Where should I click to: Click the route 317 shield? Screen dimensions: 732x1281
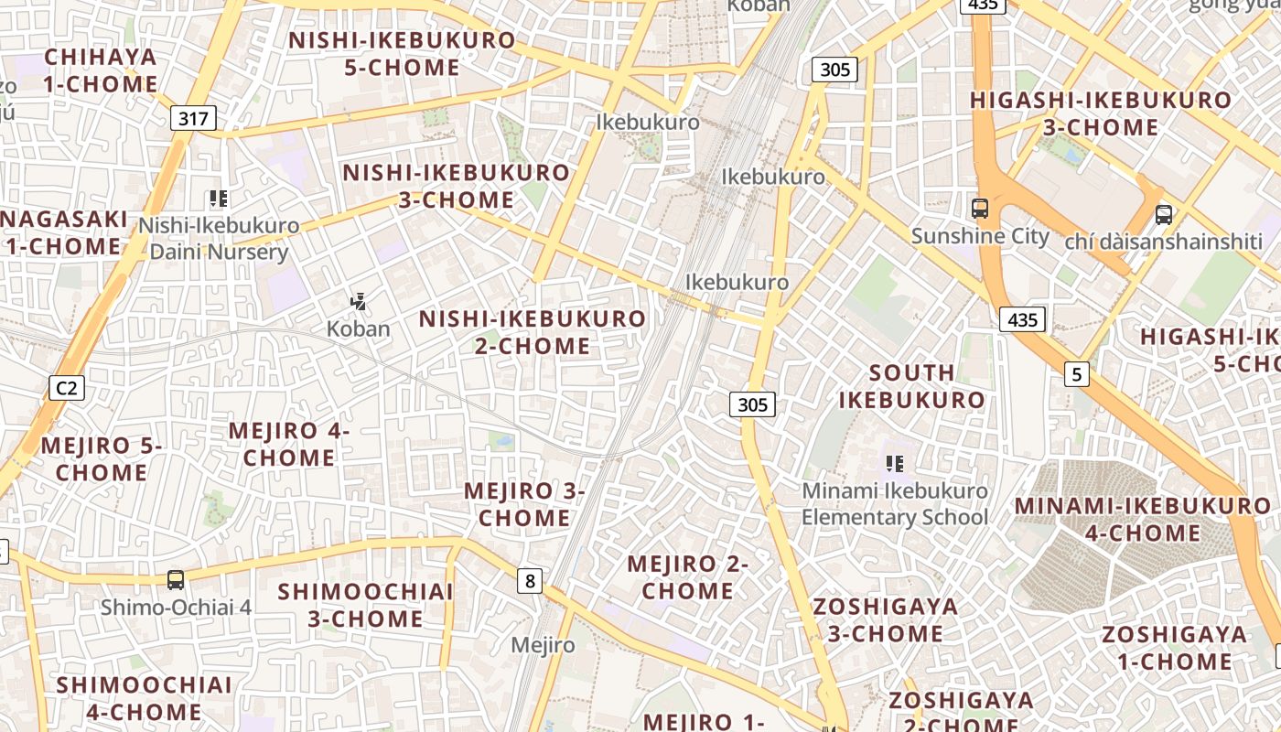[x=193, y=118]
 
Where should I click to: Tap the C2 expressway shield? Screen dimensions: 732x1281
[x=67, y=388]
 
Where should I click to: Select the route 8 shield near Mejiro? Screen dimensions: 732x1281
[x=529, y=580]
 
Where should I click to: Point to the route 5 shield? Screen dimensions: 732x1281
[x=1078, y=373]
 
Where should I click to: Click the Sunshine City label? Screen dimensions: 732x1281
[x=980, y=236]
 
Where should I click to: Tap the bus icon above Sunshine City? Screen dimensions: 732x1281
[x=980, y=208]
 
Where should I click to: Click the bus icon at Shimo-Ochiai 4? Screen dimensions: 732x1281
[x=175, y=579]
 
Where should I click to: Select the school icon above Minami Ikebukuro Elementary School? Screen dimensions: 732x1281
[x=895, y=464]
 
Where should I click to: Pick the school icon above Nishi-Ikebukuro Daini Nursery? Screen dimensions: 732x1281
[x=218, y=198]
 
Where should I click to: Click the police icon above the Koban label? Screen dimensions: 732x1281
[x=358, y=301]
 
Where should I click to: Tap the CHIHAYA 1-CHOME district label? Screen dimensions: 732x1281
[x=101, y=70]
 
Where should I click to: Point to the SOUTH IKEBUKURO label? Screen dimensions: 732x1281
[x=911, y=386]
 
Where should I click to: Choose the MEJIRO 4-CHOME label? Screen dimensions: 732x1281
[x=289, y=444]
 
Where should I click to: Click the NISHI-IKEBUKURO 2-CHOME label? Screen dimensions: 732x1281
[x=533, y=332]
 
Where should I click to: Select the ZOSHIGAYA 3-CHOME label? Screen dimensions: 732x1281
[x=885, y=619]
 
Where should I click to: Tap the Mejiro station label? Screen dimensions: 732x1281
[x=543, y=645]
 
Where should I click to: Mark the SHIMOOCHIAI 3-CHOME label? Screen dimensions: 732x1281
[x=365, y=605]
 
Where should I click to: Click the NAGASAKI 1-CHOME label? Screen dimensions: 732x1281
[x=64, y=232]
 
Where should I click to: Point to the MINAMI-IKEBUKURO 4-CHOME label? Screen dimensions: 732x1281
[x=1142, y=519]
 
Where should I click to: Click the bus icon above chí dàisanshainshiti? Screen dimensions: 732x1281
[x=1163, y=215]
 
